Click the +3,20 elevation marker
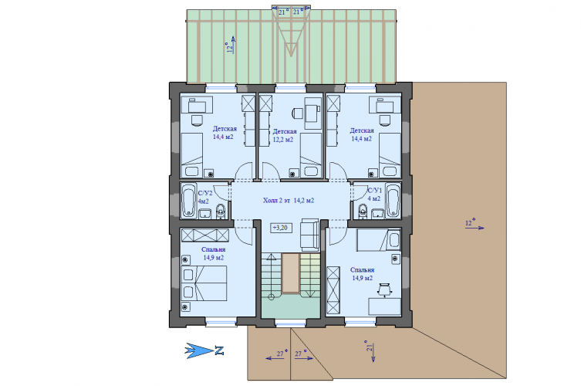tap(281, 228)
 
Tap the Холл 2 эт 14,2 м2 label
tap(289, 201)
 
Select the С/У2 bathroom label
tap(205, 193)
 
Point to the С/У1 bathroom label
tap(375, 191)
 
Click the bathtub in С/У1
tap(393, 201)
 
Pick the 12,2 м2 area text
tap(282, 140)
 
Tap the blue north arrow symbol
tap(199, 350)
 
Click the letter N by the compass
tap(219, 350)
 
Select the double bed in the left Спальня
tap(204, 283)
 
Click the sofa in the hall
tap(309, 235)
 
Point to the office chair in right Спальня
tap(384, 289)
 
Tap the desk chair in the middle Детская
tap(298, 113)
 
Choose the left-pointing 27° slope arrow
tap(275, 358)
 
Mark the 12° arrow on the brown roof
tap(475, 228)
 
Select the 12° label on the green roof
tap(230, 47)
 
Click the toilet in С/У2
tap(221, 212)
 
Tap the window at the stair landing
tap(291, 323)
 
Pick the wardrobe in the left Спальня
tap(205, 235)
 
